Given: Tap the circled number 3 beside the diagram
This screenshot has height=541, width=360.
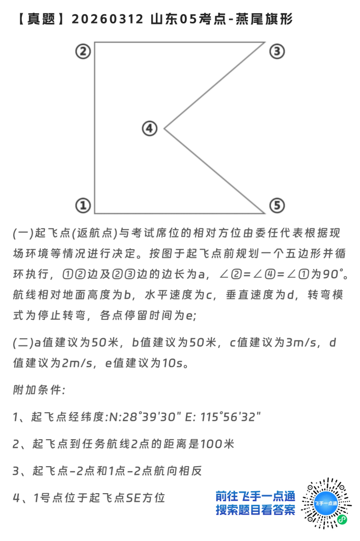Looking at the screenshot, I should click(x=276, y=51).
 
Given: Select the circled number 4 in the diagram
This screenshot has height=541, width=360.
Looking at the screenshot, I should click(x=149, y=128).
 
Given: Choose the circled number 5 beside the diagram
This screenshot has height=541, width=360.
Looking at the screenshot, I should click(x=276, y=205).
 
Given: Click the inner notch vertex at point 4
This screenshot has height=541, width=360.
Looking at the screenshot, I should click(x=164, y=128).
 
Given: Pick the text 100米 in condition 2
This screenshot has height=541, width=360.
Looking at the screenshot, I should click(x=217, y=444).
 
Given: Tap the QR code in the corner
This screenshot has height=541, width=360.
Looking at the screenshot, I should click(x=326, y=502).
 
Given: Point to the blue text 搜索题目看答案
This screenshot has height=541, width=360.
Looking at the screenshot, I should click(x=255, y=510).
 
